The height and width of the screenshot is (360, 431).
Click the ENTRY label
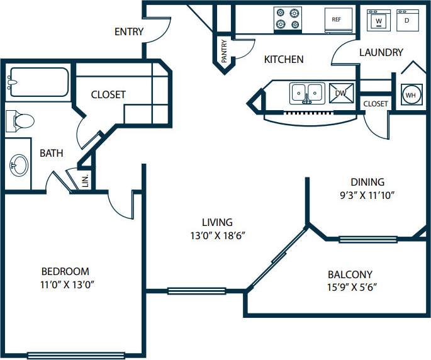[x=129, y=31]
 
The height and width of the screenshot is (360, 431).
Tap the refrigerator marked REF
[x=339, y=20]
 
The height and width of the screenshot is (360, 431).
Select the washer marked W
[x=379, y=20]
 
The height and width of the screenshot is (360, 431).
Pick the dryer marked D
[x=408, y=20]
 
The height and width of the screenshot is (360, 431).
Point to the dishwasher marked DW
[x=342, y=93]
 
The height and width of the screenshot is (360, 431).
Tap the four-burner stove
[x=288, y=20]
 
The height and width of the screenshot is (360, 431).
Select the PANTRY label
[x=224, y=51]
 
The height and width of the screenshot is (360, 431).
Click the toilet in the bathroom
[x=20, y=121]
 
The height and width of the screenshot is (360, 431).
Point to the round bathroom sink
[x=20, y=165]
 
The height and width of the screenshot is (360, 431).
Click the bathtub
[x=37, y=82]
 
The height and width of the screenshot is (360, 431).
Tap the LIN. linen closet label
[x=86, y=181]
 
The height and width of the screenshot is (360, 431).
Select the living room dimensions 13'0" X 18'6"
[x=218, y=235]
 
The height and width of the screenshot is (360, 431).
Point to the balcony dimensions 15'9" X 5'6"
[x=352, y=288]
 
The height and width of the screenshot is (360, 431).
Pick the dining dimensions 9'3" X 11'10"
[x=367, y=195]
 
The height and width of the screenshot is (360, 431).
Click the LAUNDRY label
[x=381, y=52]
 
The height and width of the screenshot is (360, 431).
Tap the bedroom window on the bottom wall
[x=76, y=356]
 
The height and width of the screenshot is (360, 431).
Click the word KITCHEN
[x=284, y=59]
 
